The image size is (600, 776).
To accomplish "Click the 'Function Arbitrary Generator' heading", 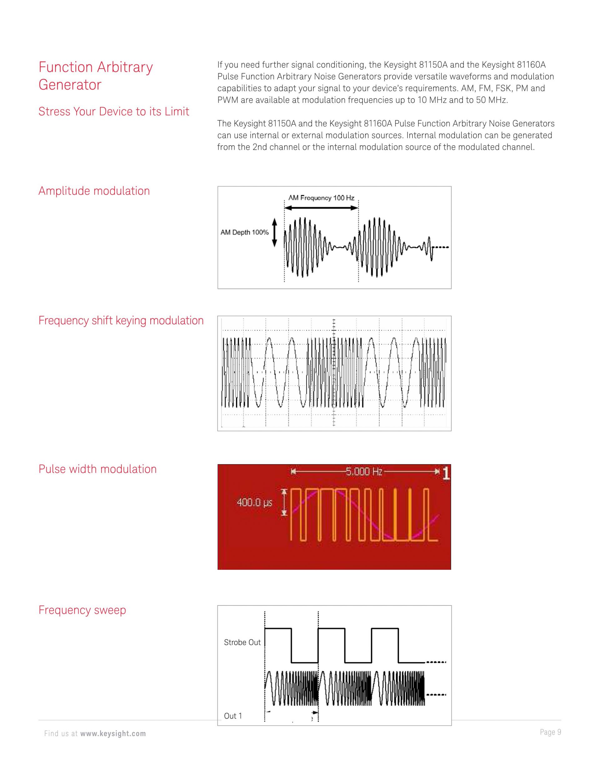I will (95, 76).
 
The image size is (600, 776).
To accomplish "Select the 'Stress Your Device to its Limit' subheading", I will (114, 112).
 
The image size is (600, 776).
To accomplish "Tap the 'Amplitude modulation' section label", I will (94, 191).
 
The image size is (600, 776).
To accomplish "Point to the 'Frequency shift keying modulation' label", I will (121, 321).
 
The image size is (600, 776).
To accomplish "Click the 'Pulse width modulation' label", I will (97, 469).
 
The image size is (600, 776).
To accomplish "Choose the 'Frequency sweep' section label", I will (82, 610).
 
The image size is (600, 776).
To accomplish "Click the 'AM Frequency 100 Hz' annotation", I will (321, 198).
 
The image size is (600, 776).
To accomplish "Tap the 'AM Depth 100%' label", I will (245, 232).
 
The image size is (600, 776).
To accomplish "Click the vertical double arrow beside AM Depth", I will (274, 232).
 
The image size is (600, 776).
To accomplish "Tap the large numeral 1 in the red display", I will (446, 474).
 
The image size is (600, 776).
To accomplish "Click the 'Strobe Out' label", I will (242, 642).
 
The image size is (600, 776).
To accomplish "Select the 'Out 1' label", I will (233, 716).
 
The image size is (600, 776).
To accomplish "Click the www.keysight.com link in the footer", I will (113, 734).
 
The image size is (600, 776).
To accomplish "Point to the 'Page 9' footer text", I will (550, 732).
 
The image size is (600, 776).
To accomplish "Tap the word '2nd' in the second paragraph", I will (259, 147).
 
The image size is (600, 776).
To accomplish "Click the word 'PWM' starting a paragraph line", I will (228, 100).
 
